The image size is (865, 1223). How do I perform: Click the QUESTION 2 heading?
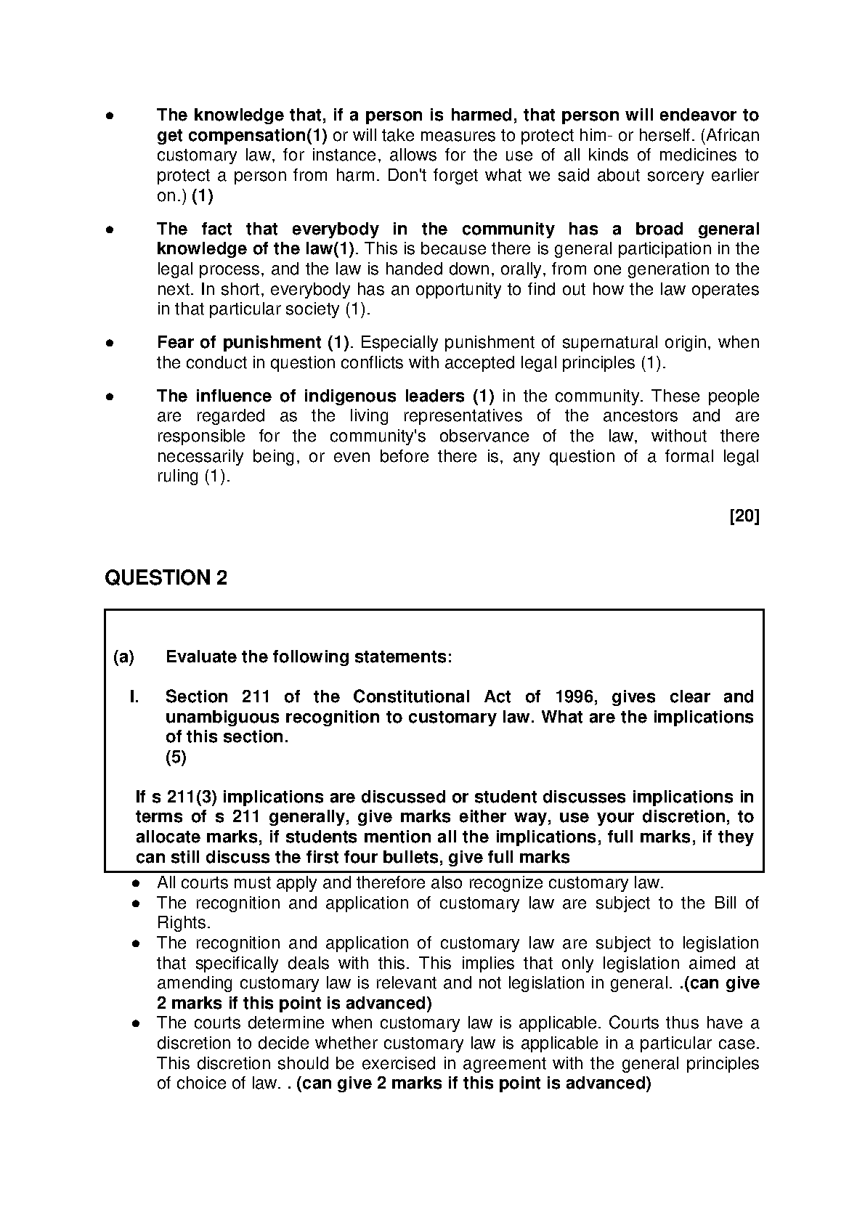[166, 578]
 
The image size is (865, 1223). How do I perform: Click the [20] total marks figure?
[744, 516]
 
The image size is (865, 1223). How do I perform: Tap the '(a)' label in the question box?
[123, 657]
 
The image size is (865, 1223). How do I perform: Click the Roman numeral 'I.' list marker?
[134, 697]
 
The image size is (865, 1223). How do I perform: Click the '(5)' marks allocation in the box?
[176, 757]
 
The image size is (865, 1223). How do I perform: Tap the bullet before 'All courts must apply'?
[136, 884]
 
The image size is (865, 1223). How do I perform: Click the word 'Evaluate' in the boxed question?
[201, 657]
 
